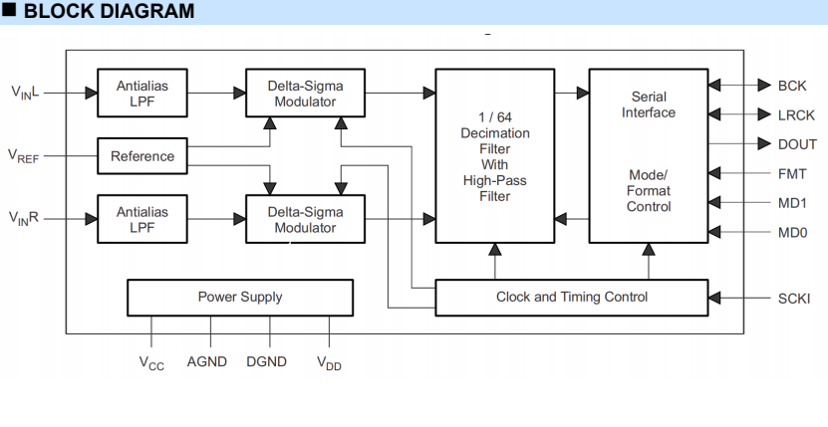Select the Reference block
[142, 155]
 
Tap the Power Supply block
[240, 297]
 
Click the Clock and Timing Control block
[571, 297]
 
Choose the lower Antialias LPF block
[142, 219]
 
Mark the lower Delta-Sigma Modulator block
[305, 219]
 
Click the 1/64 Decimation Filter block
[494, 155]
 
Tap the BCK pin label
[792, 86]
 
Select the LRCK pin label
[796, 115]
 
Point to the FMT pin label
[792, 173]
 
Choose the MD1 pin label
[792, 203]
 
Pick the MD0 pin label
[792, 233]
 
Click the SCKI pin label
[796, 298]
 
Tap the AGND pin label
[207, 361]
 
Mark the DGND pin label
[266, 361]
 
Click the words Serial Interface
[649, 105]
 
